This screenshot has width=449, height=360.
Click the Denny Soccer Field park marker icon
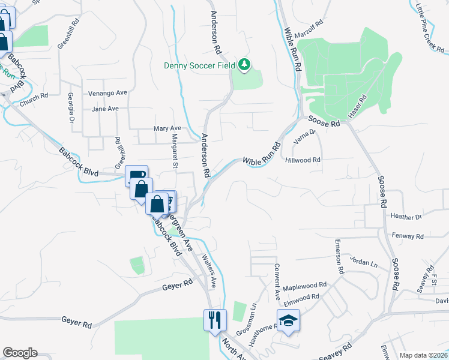tap(244, 64)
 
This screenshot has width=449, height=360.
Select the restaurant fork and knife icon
tap(214, 319)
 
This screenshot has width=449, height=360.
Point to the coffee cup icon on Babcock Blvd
tap(137, 175)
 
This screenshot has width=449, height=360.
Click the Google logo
tap(20, 353)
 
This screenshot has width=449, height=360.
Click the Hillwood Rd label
tap(303, 160)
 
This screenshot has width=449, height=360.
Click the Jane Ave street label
tap(105, 109)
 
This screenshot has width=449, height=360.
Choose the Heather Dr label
tap(406, 216)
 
